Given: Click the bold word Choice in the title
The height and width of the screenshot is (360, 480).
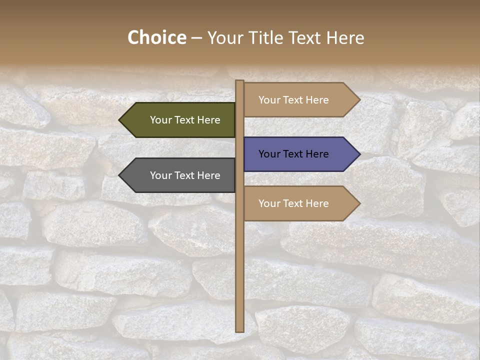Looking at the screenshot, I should click(x=156, y=37).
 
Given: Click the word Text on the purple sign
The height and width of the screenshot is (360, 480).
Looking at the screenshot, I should click(x=293, y=154).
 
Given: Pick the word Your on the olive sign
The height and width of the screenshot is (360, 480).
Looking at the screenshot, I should click(x=161, y=120).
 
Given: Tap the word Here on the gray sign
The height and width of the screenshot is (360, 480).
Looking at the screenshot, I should click(x=208, y=175).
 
